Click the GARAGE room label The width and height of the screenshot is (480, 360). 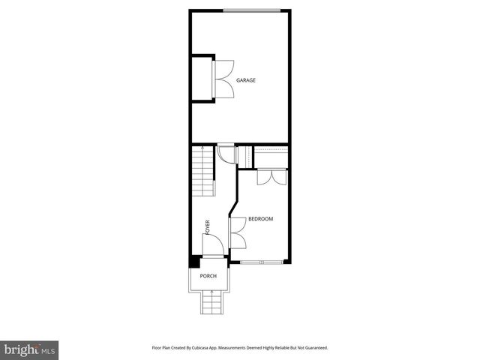click(x=246, y=80)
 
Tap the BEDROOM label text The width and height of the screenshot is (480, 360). click(x=261, y=219)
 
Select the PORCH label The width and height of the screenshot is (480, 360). click(x=208, y=276)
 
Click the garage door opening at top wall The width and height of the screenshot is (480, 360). click(x=252, y=10)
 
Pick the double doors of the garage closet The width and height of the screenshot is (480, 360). click(x=223, y=79)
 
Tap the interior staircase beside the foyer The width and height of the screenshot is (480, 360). click(x=203, y=172)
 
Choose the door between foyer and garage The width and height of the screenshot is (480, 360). click(x=225, y=152)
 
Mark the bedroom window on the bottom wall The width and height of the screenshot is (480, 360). click(x=262, y=262)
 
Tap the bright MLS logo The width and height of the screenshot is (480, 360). click(x=29, y=349)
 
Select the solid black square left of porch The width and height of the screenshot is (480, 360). click(x=193, y=262)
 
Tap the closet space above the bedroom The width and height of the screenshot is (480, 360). click(x=271, y=157)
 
